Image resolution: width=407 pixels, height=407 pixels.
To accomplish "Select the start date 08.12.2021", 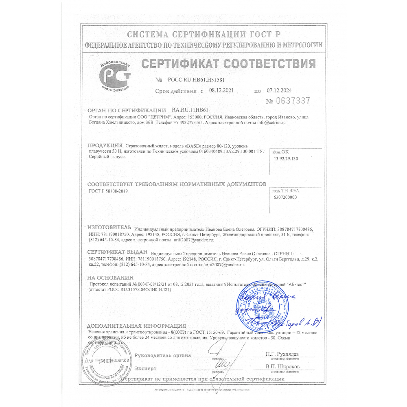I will coord(220,91).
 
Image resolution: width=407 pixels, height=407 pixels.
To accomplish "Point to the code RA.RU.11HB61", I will coord(190,110).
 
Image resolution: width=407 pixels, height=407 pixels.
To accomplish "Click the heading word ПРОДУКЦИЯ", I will coord(105,145).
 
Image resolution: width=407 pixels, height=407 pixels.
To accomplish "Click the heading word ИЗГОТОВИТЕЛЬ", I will coord(109,227).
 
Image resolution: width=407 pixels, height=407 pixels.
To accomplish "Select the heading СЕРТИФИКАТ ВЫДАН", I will coord(117,252).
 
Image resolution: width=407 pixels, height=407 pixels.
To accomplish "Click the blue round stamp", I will coord(259,305).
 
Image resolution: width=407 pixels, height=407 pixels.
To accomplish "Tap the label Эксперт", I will coord(145,368).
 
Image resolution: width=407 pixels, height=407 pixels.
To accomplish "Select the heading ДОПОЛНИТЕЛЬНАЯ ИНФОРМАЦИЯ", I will coord(137,326).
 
